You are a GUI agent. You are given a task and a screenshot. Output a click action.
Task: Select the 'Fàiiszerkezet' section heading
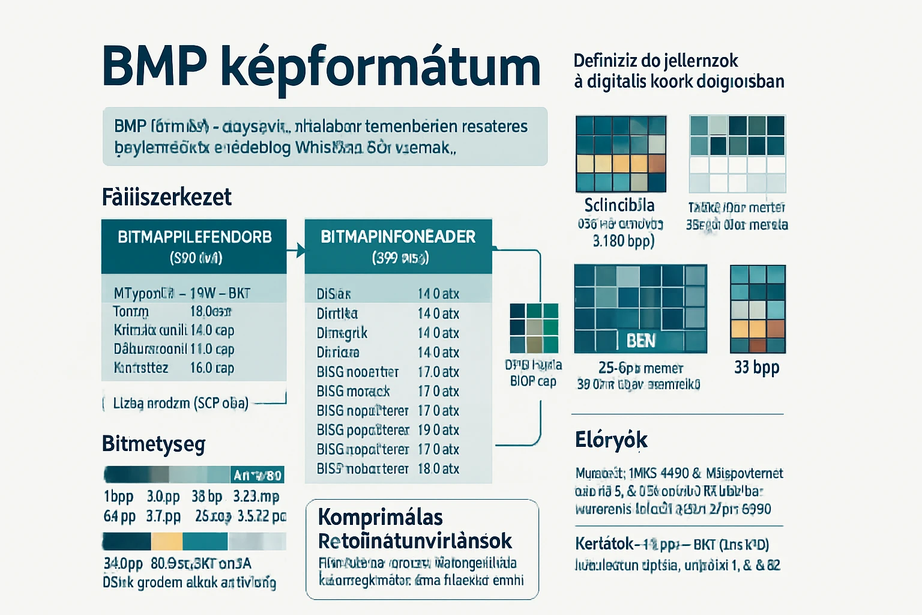(166, 197)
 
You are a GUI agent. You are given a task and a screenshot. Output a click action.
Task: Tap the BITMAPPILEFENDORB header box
(194, 246)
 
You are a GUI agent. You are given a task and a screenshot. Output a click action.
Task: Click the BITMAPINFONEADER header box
(398, 246)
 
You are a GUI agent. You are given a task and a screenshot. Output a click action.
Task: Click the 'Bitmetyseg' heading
(154, 444)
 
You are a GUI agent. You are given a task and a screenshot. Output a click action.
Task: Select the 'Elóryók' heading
(611, 440)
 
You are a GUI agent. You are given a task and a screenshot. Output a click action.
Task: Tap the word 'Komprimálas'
(380, 517)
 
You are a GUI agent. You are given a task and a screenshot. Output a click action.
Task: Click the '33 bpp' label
(756, 367)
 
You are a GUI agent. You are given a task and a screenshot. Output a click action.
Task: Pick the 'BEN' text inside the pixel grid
(640, 341)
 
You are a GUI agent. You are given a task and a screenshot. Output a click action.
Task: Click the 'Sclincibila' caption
(619, 205)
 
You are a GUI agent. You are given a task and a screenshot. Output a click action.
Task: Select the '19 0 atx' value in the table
(438, 430)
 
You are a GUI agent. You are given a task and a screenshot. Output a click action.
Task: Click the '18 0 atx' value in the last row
(438, 468)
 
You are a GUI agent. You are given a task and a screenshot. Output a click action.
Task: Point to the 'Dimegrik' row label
(342, 333)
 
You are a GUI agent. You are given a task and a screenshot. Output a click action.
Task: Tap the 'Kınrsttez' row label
(141, 368)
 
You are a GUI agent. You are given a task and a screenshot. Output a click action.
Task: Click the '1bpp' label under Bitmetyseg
(118, 497)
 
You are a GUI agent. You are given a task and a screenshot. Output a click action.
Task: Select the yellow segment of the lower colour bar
(166, 541)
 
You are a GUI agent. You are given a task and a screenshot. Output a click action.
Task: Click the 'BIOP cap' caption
(533, 381)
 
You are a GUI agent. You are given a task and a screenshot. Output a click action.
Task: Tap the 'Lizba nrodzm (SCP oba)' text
(180, 403)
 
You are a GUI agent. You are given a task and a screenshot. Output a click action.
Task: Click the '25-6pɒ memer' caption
(640, 368)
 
